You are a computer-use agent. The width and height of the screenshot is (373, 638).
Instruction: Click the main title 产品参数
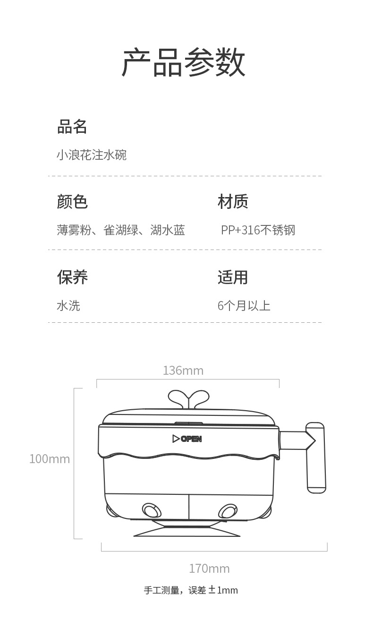coord(184,62)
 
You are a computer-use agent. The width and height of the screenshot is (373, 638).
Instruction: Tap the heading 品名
coord(72,127)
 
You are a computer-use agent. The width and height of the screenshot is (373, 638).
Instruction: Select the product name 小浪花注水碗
coord(92,155)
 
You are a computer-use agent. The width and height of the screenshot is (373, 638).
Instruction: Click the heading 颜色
coord(72,202)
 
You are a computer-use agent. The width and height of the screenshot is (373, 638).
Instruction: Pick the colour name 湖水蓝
coord(168,230)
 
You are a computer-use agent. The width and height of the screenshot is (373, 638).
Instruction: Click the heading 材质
coord(233,202)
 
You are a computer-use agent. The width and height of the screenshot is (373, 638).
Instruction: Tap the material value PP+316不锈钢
coord(258,230)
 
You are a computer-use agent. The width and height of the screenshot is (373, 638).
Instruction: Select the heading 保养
coord(72,277)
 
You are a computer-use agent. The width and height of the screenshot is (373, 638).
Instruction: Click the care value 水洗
coord(68,306)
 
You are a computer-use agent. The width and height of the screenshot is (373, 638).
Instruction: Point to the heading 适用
coord(233,277)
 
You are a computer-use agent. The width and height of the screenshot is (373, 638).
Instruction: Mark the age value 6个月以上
coord(244,306)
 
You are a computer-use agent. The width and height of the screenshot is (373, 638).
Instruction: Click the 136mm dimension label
coord(183,371)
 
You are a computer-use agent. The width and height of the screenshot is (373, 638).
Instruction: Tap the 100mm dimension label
coord(50,459)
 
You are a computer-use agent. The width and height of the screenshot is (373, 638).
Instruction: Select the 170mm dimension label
coord(209,569)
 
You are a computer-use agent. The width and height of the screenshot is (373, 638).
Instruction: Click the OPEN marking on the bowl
coord(187,439)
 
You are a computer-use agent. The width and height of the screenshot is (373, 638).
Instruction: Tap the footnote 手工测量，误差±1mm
coord(191,590)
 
